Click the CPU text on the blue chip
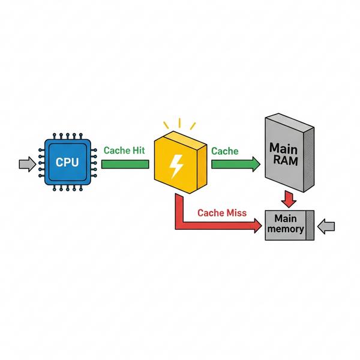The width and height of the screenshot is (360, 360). click(x=67, y=162)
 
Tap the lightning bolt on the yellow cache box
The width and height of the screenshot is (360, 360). click(x=176, y=166)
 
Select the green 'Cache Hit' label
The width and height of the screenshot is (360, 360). click(x=124, y=151)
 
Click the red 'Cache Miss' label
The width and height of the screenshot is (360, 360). click(x=222, y=213)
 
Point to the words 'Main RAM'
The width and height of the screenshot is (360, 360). click(x=284, y=154)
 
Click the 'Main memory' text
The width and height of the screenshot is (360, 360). click(x=286, y=224)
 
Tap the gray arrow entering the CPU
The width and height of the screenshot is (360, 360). click(x=28, y=164)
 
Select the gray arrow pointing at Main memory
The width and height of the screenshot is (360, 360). click(x=326, y=226)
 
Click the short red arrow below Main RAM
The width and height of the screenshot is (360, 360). click(x=289, y=199)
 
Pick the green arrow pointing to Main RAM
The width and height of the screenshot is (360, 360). click(x=236, y=164)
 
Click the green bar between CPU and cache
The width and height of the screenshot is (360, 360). click(x=125, y=164)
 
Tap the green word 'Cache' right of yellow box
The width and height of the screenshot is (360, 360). click(x=225, y=151)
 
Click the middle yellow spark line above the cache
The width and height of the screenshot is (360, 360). click(x=179, y=123)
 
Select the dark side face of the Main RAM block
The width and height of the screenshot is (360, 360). click(x=309, y=160)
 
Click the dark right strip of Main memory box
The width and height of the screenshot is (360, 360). click(x=310, y=225)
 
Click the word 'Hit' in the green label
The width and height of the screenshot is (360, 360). click(x=139, y=151)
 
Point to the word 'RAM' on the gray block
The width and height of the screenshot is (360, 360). click(x=286, y=160)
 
